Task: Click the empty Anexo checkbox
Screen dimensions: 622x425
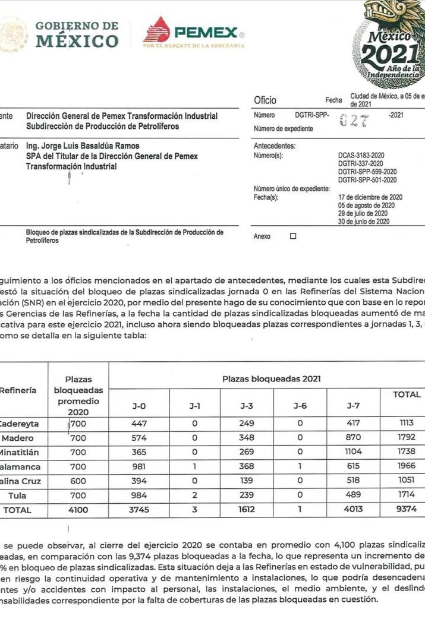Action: point(292,236)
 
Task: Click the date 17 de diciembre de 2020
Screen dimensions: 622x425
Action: point(370,197)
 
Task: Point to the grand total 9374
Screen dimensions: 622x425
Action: point(407,509)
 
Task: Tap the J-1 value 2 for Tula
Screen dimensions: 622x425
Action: point(194,494)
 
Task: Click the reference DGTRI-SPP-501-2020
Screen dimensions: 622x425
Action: point(367,179)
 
